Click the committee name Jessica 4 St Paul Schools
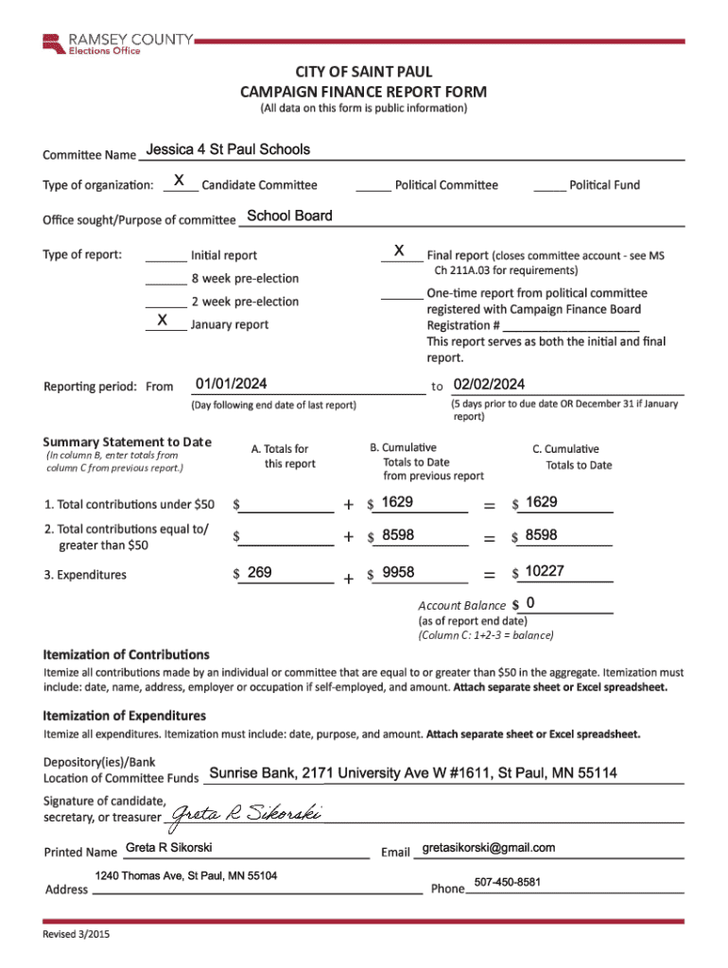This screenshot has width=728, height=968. [228, 149]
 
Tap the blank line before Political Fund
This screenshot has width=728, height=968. [549, 186]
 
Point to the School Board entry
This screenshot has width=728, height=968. [289, 216]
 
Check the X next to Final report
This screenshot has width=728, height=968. [400, 251]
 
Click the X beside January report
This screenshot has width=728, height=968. [163, 321]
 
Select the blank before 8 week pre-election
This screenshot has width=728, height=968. [165, 280]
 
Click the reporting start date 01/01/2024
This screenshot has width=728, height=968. [231, 384]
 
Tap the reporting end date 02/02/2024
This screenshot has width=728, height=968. [489, 384]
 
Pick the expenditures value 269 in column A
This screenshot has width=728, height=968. [259, 571]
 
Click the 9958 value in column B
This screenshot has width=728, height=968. [398, 571]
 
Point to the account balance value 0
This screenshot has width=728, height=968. [530, 603]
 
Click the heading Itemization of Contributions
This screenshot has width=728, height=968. [127, 654]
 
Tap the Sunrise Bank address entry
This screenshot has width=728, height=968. [413, 773]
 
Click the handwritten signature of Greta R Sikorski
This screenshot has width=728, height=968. [245, 814]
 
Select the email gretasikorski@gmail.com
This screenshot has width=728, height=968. [489, 847]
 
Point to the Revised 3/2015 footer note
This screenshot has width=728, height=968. [76, 935]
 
